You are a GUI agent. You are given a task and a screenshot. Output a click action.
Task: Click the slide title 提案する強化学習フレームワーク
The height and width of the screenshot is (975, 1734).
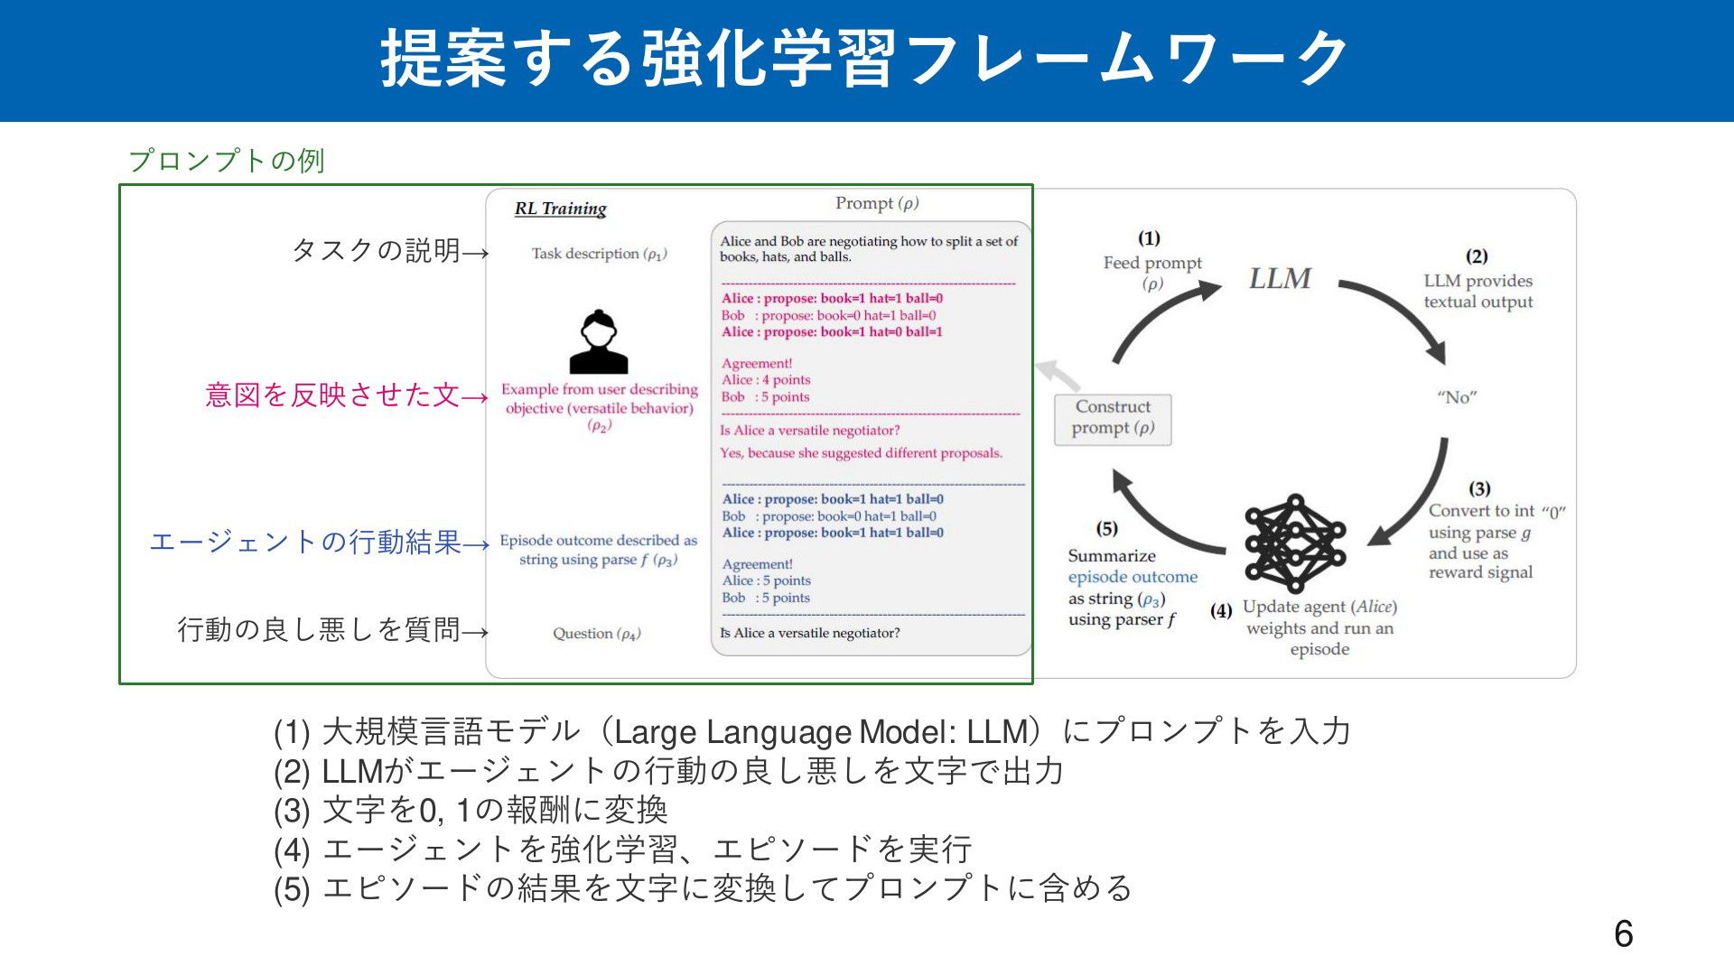(x=865, y=59)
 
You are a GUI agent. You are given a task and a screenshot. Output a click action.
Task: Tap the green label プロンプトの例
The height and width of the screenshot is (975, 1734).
(x=227, y=161)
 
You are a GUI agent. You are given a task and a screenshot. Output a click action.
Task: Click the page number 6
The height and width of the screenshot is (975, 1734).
(x=1623, y=933)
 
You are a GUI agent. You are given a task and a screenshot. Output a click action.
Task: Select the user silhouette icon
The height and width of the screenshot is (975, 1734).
(x=599, y=342)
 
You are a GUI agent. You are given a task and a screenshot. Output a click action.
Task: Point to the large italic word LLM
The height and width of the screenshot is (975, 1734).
(x=1280, y=278)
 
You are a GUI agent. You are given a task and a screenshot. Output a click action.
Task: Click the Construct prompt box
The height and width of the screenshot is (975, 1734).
(x=1113, y=420)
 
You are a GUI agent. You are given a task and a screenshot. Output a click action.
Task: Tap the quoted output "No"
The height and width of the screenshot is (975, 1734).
(x=1457, y=397)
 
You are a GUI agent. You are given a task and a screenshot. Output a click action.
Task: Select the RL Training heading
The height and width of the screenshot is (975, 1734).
(x=561, y=209)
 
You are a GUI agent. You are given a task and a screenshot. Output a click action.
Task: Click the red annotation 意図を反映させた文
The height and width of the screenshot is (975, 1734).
(x=333, y=395)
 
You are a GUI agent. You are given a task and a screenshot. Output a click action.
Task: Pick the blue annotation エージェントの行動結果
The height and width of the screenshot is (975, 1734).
(x=305, y=542)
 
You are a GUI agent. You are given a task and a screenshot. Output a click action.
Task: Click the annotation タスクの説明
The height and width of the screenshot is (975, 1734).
(x=377, y=250)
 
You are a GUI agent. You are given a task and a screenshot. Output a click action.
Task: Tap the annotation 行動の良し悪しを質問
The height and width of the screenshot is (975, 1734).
(x=319, y=629)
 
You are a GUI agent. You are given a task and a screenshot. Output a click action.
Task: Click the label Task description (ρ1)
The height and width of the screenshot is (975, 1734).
(x=599, y=254)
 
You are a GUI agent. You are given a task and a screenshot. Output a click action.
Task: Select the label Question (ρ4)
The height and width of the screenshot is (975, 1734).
(x=597, y=634)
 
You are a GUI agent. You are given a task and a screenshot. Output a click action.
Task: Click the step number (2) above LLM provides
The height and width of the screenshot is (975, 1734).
(x=1477, y=256)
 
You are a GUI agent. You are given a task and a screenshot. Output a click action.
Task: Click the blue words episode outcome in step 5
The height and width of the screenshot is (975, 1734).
(x=1133, y=577)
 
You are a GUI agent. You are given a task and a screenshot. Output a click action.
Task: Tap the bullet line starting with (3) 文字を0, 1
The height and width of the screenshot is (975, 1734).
(x=471, y=810)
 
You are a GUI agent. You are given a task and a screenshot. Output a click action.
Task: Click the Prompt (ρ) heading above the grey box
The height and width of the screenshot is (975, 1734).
(x=877, y=204)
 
